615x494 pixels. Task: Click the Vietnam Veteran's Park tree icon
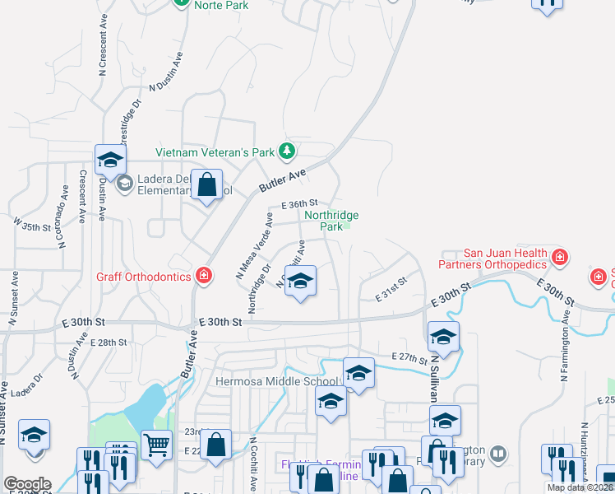287,151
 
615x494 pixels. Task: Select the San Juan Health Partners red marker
560,258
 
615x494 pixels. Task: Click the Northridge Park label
331,221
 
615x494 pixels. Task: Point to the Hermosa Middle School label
276,381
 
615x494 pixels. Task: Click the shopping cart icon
156,445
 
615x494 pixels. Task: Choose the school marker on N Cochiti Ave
300,281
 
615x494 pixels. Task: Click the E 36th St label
299,204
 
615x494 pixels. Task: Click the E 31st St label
391,287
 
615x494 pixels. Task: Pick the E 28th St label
109,342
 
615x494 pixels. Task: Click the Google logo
27,484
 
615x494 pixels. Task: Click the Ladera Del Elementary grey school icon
124,183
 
